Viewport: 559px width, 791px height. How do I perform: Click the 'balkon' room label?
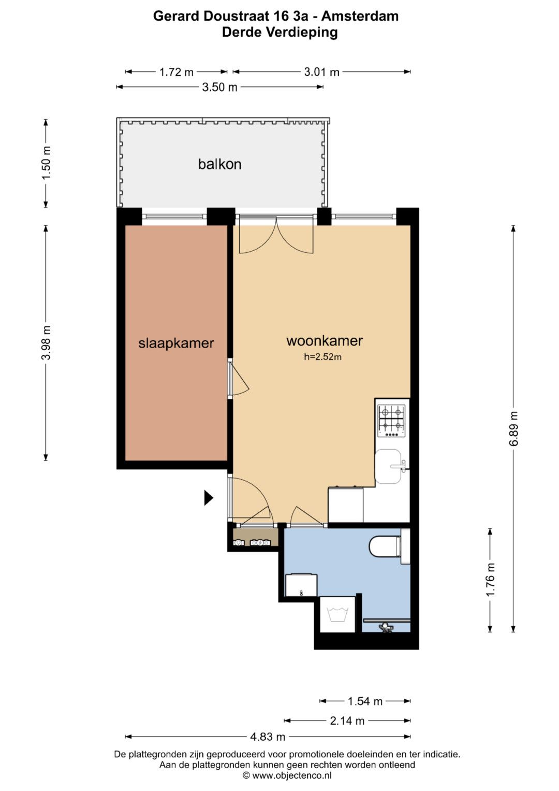point(219,164)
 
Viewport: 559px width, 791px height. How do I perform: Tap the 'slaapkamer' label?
point(176,343)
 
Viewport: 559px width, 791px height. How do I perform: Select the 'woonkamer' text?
point(325,341)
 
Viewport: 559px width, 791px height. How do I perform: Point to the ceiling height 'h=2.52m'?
point(322,357)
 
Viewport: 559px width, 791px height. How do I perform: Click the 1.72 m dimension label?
point(176,72)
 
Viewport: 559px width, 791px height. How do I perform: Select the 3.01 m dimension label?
point(321,72)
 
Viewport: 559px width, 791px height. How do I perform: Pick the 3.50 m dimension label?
point(219,87)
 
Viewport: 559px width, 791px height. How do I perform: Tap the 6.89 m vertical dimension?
point(513,428)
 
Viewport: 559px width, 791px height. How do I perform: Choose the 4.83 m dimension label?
point(268,737)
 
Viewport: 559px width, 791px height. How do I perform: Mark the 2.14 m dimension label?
point(347,721)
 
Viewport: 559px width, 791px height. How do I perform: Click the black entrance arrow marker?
point(209,498)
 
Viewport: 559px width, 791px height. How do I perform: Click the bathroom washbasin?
point(301,585)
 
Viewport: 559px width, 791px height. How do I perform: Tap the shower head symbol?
point(386,627)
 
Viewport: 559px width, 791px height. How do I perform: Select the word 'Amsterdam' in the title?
point(360,16)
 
